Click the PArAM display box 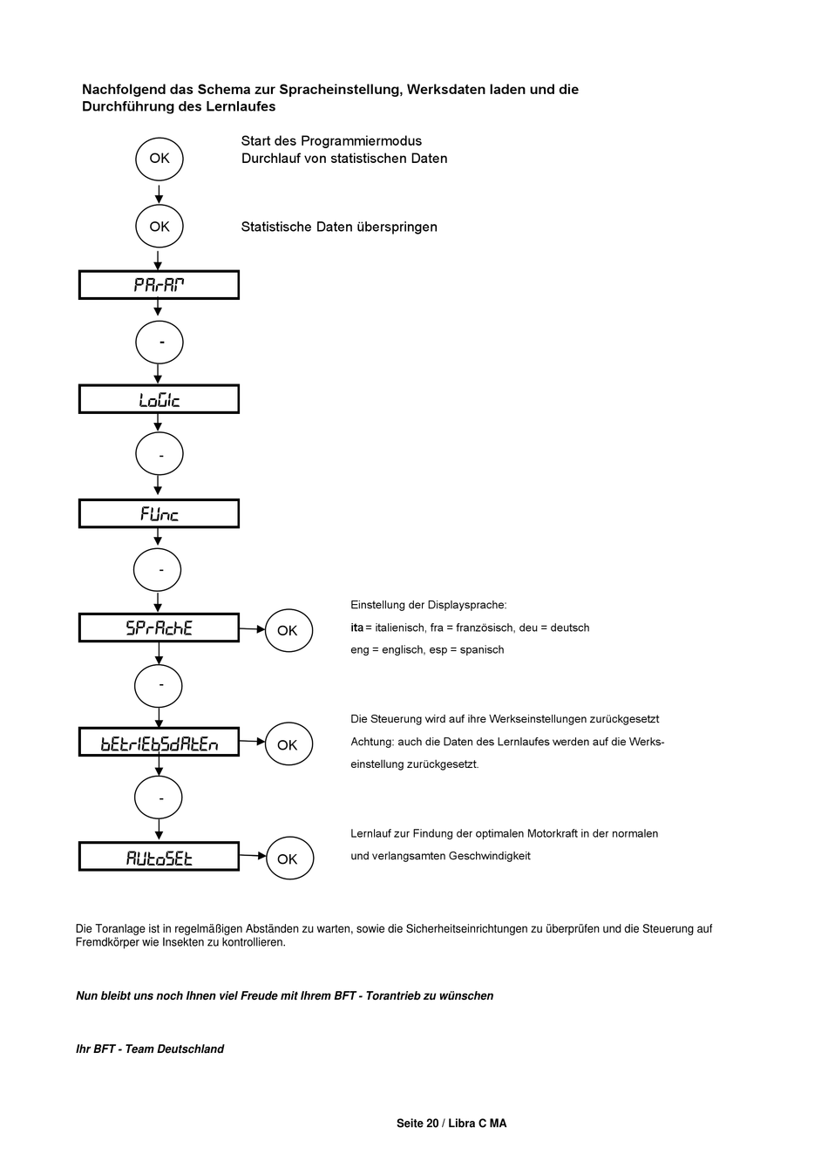point(159,285)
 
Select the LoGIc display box point(159,399)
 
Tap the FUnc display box point(159,513)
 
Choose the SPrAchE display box point(159,628)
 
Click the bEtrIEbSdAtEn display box point(159,743)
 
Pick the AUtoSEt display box point(159,857)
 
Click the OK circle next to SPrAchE point(288,630)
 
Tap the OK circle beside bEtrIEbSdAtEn point(288,744)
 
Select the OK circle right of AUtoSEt point(288,859)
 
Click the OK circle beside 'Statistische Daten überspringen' point(159,227)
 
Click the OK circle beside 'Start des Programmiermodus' point(159,159)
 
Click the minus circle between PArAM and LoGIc point(159,343)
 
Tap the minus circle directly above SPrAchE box point(158,571)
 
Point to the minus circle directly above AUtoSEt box point(159,798)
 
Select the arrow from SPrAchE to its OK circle point(253,628)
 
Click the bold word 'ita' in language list point(356,628)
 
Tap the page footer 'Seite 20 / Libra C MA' point(451,1123)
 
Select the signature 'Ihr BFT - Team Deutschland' point(150,1049)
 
